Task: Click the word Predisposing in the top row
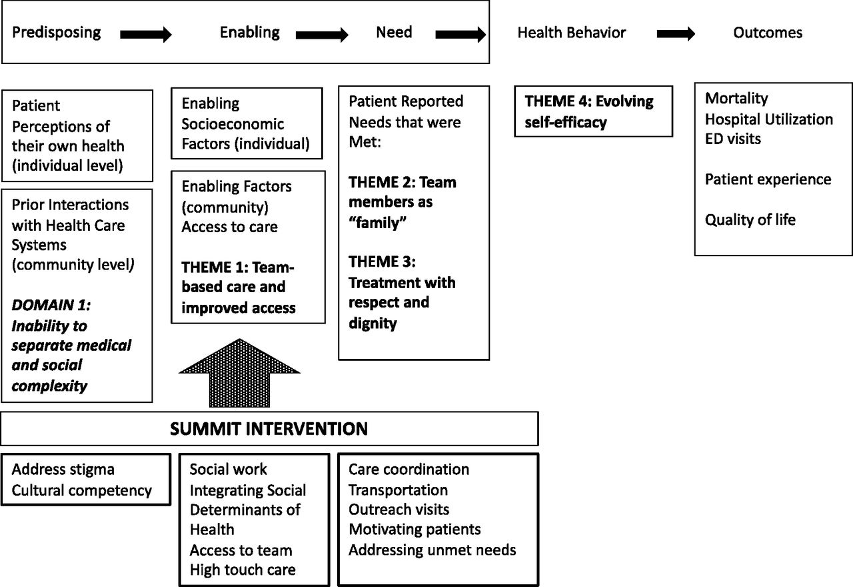tap(57, 33)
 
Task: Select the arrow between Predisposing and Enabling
tap(146, 35)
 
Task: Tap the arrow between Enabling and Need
tap(322, 35)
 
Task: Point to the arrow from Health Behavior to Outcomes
tap(676, 33)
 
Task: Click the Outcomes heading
tap(768, 33)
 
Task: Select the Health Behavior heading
tap(571, 33)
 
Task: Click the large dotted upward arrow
tap(239, 373)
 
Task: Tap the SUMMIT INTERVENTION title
tap(269, 429)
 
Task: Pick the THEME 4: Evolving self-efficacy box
tap(594, 111)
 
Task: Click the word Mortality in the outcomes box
tap(736, 99)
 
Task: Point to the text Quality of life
tap(750, 220)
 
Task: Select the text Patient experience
tap(768, 179)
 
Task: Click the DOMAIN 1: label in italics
tap(51, 305)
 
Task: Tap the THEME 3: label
tap(382, 262)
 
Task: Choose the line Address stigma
tap(63, 470)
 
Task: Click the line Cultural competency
tap(81, 490)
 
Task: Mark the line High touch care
tap(243, 570)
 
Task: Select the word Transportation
tap(398, 490)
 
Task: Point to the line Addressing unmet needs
tap(432, 550)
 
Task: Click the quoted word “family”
tap(377, 223)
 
